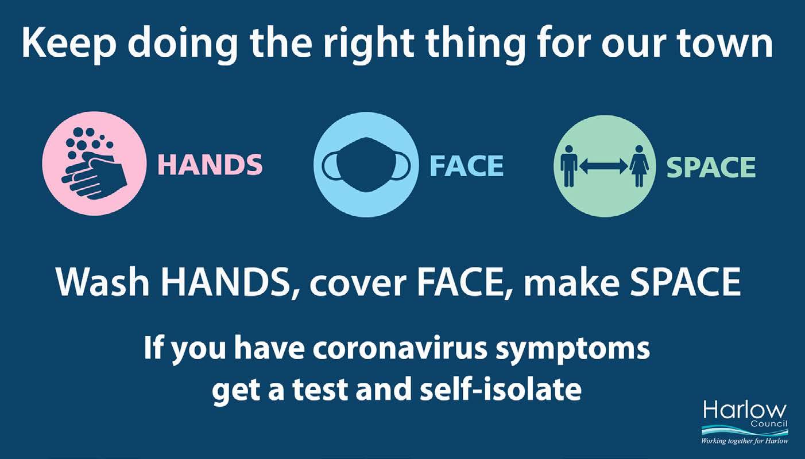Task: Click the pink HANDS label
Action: (x=210, y=165)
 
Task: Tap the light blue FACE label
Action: (x=466, y=165)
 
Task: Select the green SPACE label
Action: (x=711, y=167)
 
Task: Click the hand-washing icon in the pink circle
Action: (x=94, y=164)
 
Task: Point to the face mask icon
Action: (x=366, y=165)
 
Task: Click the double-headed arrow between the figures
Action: (x=603, y=166)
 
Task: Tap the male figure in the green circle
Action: (x=569, y=166)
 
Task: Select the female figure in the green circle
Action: (x=638, y=166)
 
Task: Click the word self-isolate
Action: (x=501, y=388)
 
